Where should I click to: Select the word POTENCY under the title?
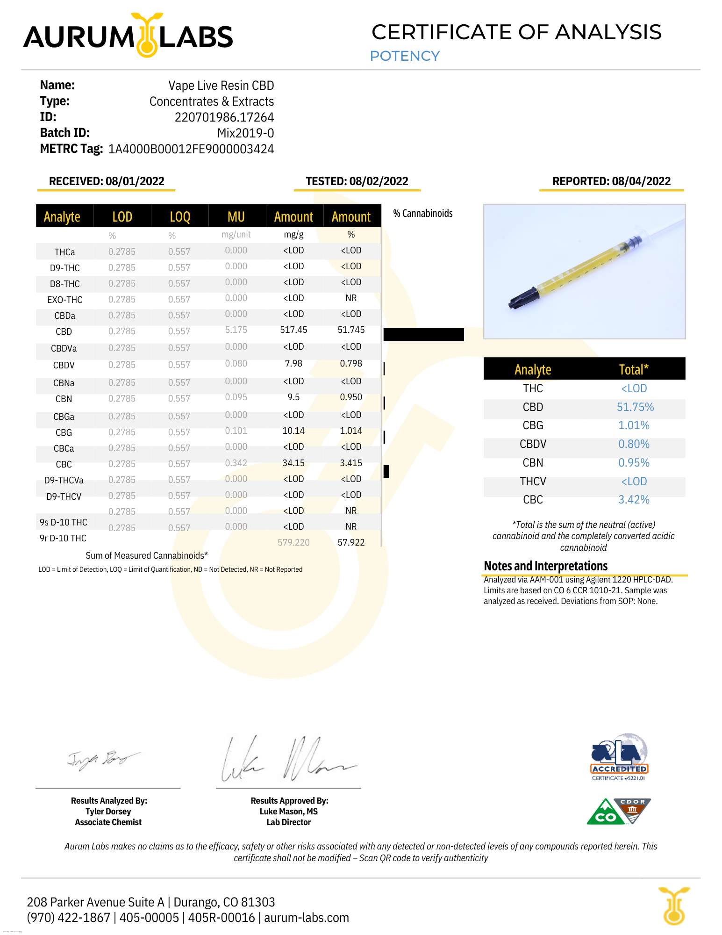tap(405, 56)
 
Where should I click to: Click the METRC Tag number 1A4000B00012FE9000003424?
tap(191, 149)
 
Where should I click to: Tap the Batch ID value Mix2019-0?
tap(245, 133)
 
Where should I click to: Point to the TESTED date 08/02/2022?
tap(379, 181)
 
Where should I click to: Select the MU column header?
tap(236, 216)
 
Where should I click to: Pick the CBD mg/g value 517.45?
tap(293, 330)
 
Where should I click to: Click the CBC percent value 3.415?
tap(351, 463)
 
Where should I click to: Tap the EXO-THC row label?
tap(64, 300)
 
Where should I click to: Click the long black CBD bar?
tap(423, 335)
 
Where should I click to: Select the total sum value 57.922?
tap(351, 542)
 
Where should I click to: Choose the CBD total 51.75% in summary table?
tap(635, 407)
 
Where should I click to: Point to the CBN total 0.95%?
tap(634, 463)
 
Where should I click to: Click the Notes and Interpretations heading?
tap(545, 566)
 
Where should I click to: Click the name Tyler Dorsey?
tap(108, 812)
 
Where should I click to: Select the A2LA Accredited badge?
tap(619, 757)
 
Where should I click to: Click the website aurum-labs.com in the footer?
tap(306, 918)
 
